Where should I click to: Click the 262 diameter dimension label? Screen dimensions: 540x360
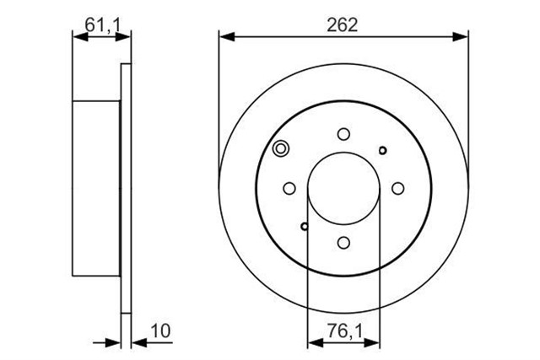point(343,25)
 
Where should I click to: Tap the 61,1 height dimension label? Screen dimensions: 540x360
point(104,24)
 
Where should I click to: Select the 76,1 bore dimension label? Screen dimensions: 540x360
point(345,331)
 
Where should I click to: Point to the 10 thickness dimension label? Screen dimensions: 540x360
point(161,331)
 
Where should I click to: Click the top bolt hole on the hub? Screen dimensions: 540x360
point(343,134)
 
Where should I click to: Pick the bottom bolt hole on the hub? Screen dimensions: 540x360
point(343,243)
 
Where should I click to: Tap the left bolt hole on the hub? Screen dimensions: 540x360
point(289,188)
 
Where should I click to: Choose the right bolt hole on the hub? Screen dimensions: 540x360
point(398,188)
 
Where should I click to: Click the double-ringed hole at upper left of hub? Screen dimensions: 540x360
point(281,149)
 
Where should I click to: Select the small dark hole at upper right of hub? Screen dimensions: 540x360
point(382,150)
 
